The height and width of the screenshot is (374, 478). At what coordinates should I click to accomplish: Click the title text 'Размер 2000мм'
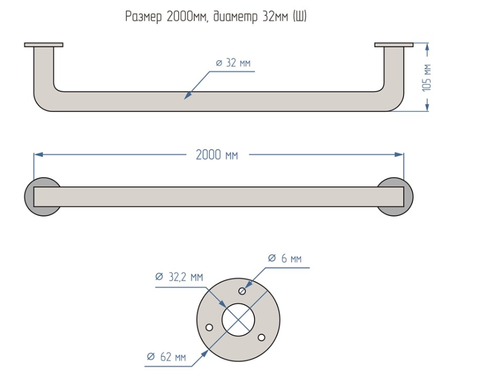[x=167, y=17]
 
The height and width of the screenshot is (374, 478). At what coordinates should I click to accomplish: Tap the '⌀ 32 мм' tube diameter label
[x=233, y=63]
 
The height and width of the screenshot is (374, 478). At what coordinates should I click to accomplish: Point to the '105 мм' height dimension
[x=427, y=77]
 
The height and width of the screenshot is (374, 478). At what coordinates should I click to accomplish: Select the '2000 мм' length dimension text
[x=217, y=155]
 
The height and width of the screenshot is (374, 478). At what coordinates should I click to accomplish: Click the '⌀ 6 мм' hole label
[x=285, y=258]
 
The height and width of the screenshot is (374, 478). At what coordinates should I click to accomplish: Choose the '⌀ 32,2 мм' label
[x=179, y=277]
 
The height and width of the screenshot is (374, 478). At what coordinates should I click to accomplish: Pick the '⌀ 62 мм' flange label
[x=166, y=357]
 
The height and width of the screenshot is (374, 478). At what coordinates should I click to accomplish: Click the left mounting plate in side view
[x=43, y=45]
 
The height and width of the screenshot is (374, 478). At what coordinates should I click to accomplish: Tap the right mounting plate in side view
[x=394, y=45]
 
